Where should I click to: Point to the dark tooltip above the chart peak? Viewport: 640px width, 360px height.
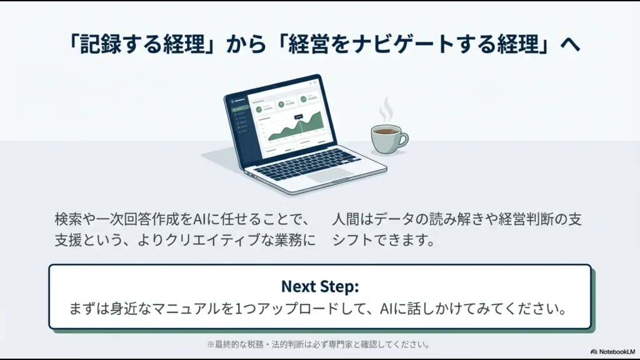pos(298,116)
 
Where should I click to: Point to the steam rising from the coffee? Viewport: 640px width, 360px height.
pos(387,109)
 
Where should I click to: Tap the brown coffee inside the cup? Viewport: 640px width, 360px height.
pos(386,131)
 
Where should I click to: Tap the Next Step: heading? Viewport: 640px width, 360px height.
pos(319,286)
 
